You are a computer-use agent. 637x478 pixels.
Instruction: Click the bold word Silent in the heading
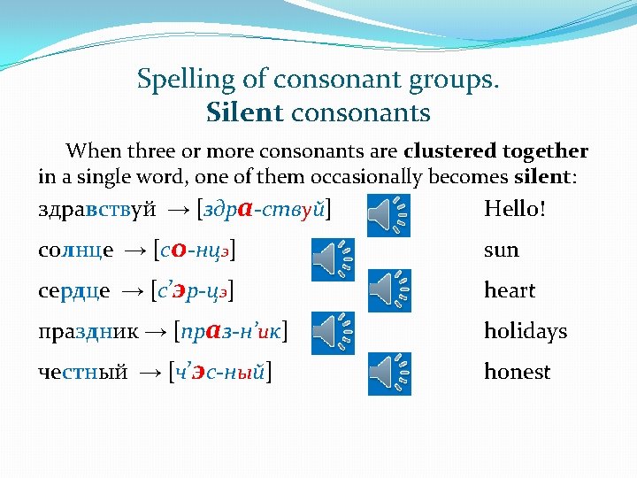coord(244,113)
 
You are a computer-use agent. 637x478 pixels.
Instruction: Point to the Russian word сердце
coord(75,291)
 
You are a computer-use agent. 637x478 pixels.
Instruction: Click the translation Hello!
coord(515,210)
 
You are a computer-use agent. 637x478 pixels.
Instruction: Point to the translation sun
coord(501,251)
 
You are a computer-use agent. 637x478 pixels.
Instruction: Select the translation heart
coord(510,290)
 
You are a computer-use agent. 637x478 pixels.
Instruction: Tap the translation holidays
coord(525,332)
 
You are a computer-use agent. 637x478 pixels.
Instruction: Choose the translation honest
coord(517,372)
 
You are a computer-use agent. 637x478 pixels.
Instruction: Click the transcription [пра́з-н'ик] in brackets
coord(234,332)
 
